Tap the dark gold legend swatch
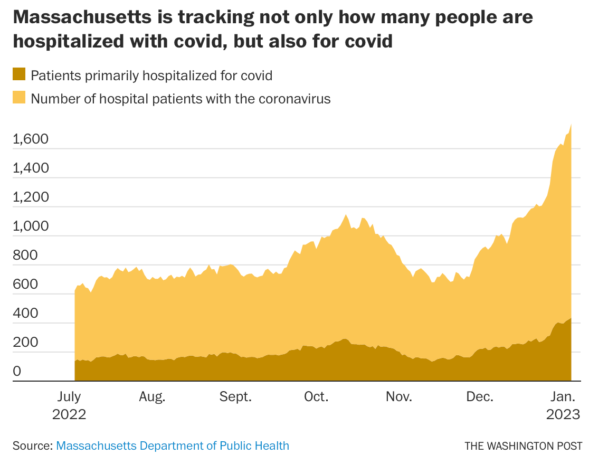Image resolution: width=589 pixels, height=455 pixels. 19,74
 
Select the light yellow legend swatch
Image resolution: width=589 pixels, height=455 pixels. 19,98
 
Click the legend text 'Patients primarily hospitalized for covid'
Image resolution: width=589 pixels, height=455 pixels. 151,75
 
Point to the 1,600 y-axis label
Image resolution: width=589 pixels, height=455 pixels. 31,139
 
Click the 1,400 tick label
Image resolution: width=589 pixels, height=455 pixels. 31,168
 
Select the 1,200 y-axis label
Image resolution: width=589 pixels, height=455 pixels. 31,197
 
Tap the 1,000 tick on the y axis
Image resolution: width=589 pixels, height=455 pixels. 31,226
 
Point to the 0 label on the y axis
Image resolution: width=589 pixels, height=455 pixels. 17,372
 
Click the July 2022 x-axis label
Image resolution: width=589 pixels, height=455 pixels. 69,405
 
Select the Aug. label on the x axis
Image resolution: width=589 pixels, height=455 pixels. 153,397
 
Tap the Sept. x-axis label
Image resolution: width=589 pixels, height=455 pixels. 236,397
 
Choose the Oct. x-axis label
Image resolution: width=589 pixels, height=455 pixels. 317,397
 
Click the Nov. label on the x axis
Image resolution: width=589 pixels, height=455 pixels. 399,397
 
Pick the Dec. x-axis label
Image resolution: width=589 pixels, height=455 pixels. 480,397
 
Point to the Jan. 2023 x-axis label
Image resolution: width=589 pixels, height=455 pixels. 563,405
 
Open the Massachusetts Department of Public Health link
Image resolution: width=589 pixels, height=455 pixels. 173,445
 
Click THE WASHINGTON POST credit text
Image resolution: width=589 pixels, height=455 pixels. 524,445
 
